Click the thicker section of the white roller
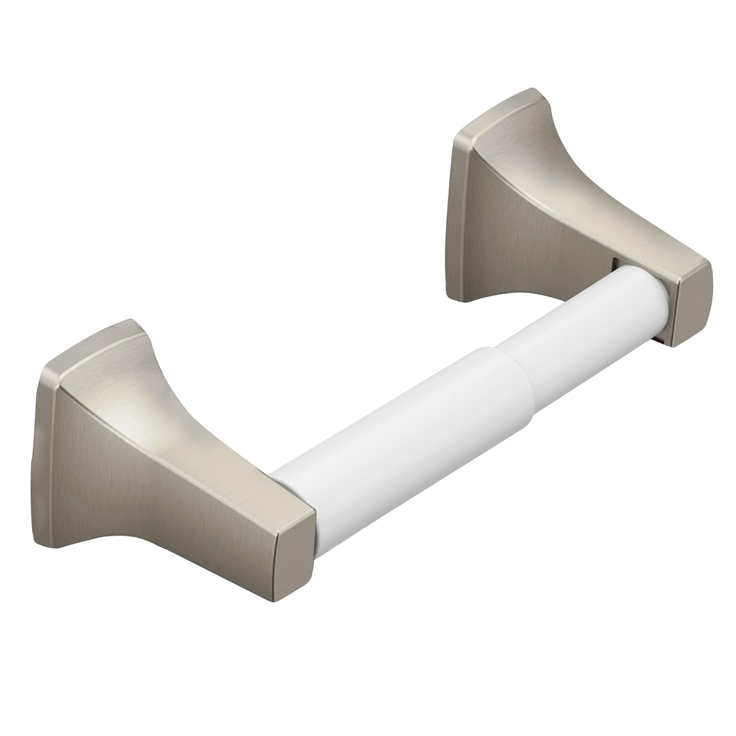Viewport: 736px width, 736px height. point(393,432)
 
